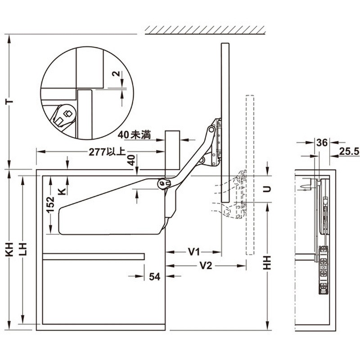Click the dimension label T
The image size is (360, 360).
(9, 102)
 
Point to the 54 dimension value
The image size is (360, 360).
(154, 277)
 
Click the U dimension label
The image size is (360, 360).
(266, 189)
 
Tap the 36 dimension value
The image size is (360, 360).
(321, 143)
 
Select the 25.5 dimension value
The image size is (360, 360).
(349, 152)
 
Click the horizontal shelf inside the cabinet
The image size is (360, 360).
(93, 256)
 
